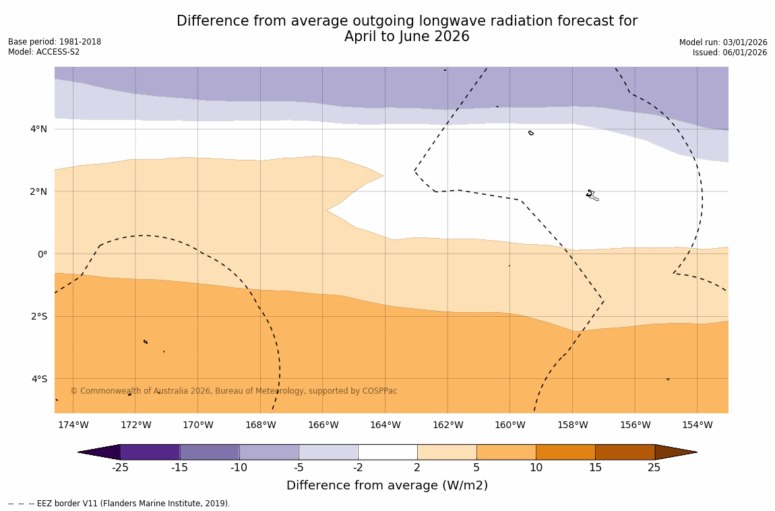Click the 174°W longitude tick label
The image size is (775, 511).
(73, 425)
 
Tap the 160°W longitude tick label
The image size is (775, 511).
(509, 425)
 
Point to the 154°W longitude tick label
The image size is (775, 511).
(697, 425)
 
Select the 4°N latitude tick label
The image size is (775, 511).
(38, 129)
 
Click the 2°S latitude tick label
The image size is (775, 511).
(39, 316)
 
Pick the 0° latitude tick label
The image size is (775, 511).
(42, 254)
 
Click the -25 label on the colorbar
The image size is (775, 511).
(120, 468)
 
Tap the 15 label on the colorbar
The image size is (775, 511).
(595, 468)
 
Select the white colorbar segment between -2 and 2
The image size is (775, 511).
(387, 452)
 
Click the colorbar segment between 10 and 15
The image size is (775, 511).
(565, 452)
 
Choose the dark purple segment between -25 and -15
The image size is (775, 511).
(150, 452)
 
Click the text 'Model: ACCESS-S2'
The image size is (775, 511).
(44, 52)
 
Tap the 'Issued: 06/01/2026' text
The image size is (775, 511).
(730, 53)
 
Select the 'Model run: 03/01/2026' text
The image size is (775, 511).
(723, 42)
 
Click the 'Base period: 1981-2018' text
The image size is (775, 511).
(55, 42)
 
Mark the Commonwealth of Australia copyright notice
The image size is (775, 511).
(234, 391)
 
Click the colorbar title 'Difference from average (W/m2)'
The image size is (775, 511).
(387, 485)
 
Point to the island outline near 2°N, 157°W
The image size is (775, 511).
(591, 195)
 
